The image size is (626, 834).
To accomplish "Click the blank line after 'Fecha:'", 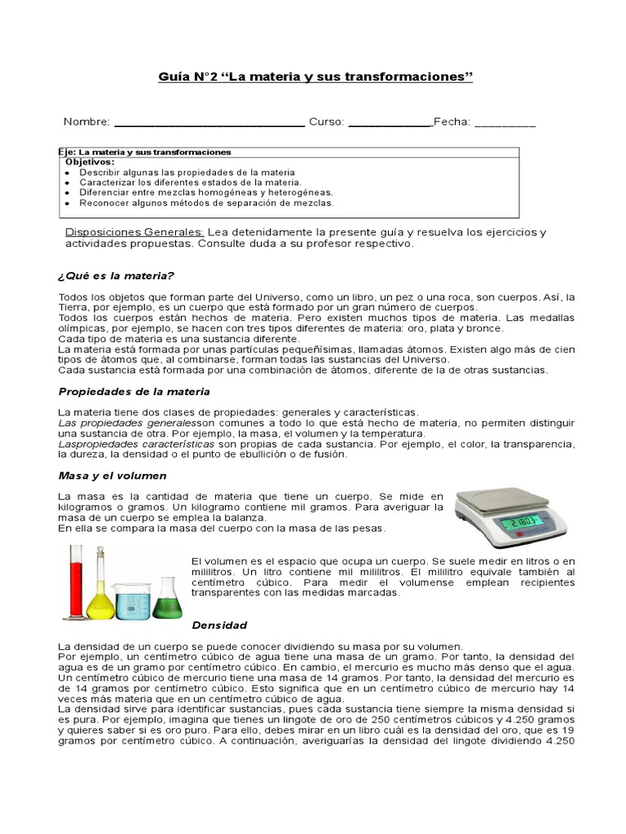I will pyautogui.click(x=505, y=124).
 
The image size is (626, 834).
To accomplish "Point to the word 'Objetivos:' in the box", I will pyautogui.click(x=90, y=162).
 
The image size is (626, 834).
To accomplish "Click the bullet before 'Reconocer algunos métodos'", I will pyautogui.click(x=67, y=203).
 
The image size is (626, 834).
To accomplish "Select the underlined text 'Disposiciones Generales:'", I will pyautogui.click(x=134, y=232).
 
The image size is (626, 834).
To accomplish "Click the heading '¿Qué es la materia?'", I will pyautogui.click(x=117, y=276).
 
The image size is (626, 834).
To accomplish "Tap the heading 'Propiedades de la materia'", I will pyautogui.click(x=134, y=392).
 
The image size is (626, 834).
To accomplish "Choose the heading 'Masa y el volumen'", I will pyautogui.click(x=112, y=475).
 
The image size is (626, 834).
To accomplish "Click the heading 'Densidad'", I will pyautogui.click(x=218, y=625).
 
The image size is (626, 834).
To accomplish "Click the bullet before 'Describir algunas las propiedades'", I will pyautogui.click(x=67, y=173).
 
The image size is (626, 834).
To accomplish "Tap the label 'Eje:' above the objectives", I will pyautogui.click(x=68, y=152).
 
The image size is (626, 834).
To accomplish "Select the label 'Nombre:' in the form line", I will pyautogui.click(x=86, y=122).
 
